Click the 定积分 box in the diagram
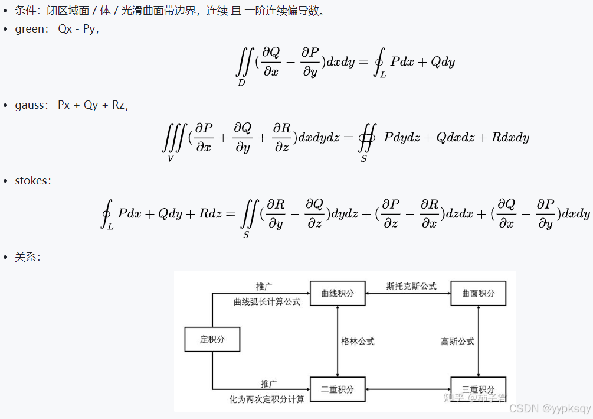click(x=212, y=339)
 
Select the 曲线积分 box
click(x=337, y=293)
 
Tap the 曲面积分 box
click(x=478, y=293)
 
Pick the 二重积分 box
click(x=337, y=389)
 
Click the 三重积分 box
click(x=478, y=389)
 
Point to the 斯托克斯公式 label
click(x=411, y=286)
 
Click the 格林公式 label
click(x=358, y=341)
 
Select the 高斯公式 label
click(x=457, y=341)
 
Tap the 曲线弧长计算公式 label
click(x=267, y=301)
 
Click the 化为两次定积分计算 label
click(x=267, y=399)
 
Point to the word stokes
click(x=32, y=181)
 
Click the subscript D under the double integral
click(x=241, y=83)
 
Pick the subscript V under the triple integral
click(x=171, y=158)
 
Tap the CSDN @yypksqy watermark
click(x=549, y=408)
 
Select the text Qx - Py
click(x=76, y=29)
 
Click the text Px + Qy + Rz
click(x=91, y=105)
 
